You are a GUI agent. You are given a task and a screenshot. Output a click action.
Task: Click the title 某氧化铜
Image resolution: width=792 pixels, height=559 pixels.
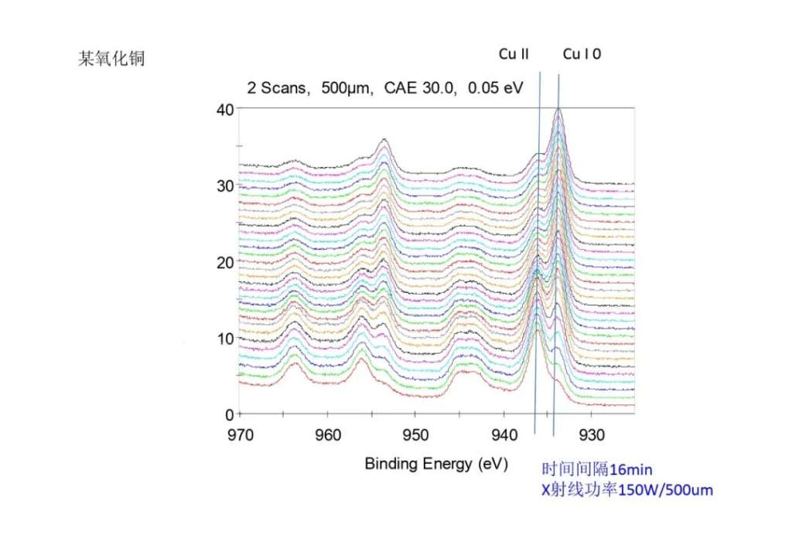pos(111,60)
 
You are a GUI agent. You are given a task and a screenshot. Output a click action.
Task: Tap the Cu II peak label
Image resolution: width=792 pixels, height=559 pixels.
pos(514,54)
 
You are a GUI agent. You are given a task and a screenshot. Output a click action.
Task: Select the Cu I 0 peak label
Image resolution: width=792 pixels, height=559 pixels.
pos(582,54)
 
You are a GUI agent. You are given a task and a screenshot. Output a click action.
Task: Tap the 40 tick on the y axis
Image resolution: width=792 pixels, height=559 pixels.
pos(224,109)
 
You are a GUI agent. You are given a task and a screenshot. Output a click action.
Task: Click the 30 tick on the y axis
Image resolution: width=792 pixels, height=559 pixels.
pos(224,186)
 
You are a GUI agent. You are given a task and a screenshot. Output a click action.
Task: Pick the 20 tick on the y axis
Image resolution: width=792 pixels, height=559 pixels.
pos(224,262)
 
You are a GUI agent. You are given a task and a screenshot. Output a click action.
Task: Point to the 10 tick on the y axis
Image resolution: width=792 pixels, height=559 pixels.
pos(224,339)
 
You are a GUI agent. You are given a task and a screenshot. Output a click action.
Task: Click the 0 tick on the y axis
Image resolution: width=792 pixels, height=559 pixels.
pos(229,414)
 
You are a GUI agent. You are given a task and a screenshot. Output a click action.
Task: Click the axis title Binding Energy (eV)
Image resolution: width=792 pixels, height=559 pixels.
pos(436,464)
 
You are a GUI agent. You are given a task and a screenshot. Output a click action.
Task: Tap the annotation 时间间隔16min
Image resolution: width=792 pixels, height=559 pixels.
pos(599,469)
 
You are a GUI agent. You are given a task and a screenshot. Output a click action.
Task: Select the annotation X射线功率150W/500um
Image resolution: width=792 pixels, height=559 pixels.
pos(626,489)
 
